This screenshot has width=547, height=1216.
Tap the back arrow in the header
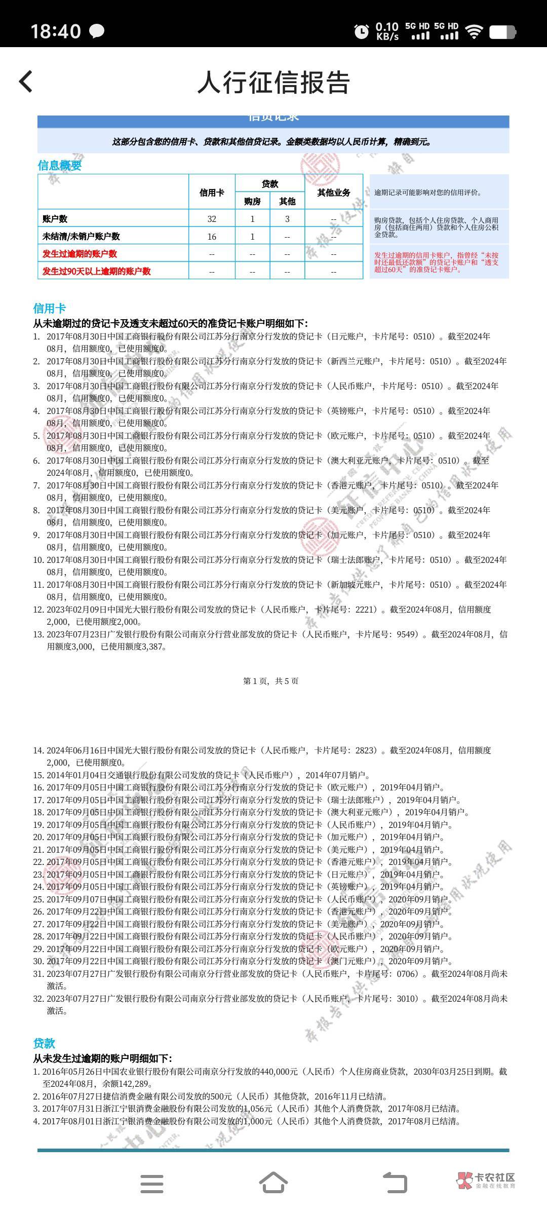pyautogui.click(x=26, y=82)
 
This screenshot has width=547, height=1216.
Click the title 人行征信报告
pyautogui.click(x=273, y=83)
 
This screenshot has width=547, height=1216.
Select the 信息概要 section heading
pyautogui.click(x=59, y=165)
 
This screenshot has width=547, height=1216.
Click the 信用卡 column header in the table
pyautogui.click(x=212, y=193)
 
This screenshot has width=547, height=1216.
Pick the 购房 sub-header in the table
pyautogui.click(x=252, y=201)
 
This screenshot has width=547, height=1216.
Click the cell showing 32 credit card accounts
pyautogui.click(x=212, y=219)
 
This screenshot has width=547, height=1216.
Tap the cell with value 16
pyautogui.click(x=212, y=237)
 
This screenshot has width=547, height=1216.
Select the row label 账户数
pyautogui.click(x=55, y=219)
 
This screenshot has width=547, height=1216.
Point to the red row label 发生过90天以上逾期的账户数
pyautogui.click(x=96, y=271)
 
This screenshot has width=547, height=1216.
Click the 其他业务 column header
pyautogui.click(x=333, y=193)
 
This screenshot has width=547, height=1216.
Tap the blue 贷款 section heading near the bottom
pyautogui.click(x=44, y=1043)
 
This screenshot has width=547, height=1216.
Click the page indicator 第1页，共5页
pyautogui.click(x=271, y=681)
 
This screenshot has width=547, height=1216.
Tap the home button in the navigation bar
pyautogui.click(x=273, y=1183)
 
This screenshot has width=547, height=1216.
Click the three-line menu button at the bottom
pyautogui.click(x=151, y=1184)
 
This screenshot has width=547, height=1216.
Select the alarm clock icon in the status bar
pyautogui.click(x=361, y=31)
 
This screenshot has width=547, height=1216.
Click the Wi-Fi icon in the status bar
pyautogui.click(x=474, y=31)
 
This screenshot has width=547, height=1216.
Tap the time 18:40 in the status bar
pyautogui.click(x=56, y=31)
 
